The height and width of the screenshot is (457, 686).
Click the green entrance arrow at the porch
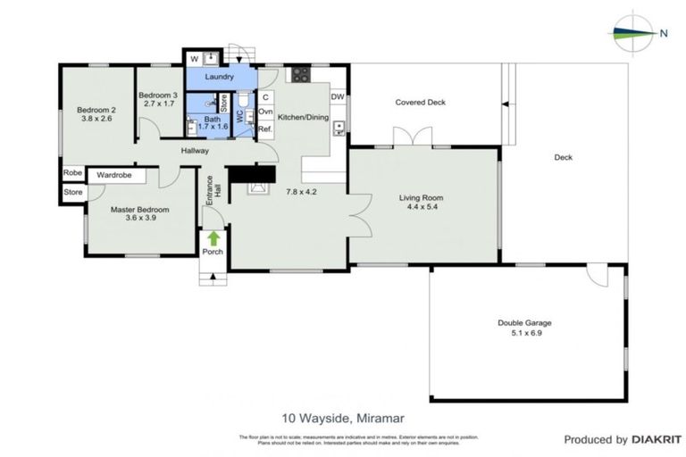[213, 237]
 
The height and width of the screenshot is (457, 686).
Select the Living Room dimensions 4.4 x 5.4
[422, 208]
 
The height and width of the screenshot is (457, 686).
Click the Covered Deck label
[420, 103]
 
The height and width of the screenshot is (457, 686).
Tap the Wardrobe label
[115, 175]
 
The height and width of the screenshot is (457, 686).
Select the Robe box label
[72, 174]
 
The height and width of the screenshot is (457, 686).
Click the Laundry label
[219, 78]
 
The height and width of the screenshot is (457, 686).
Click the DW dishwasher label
[338, 96]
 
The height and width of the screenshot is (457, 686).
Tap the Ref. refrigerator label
[265, 129]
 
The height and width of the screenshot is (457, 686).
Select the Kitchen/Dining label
[302, 117]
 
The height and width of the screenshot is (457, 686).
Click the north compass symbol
[634, 33]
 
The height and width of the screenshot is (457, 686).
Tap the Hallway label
[195, 151]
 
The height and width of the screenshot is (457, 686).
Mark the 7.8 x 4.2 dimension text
[302, 191]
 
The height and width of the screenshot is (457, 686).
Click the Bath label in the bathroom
[212, 119]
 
